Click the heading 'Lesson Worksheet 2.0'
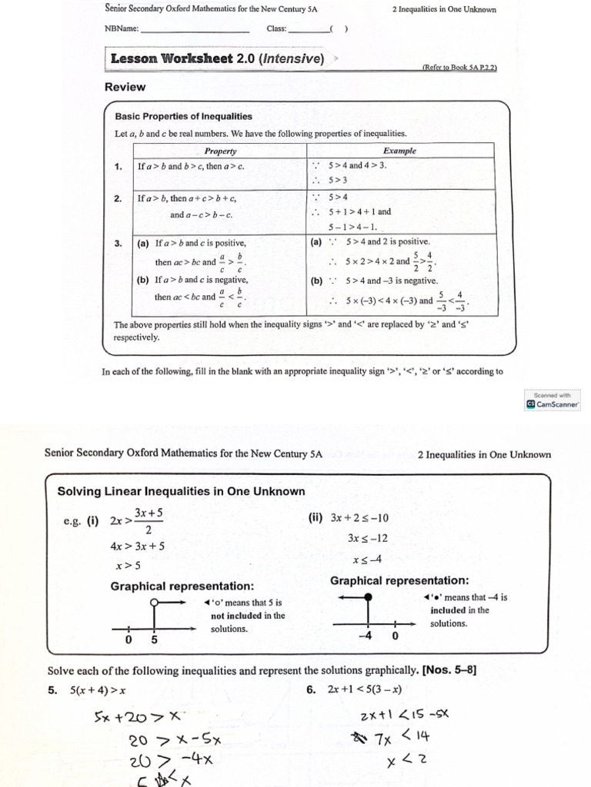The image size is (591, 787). coord(217,59)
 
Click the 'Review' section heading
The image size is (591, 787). coord(125,87)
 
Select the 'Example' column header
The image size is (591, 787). coord(399,151)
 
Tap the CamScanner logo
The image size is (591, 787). coord(553,403)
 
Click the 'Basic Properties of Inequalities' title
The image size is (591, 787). coord(183,117)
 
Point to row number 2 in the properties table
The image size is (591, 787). coord(118,198)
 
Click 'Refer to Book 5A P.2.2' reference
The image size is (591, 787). coord(459,67)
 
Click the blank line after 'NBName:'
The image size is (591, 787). coord(195,30)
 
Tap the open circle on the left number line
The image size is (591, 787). coord(155,603)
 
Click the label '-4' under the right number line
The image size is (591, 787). coord(366,636)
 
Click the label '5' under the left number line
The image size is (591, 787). coord(155,639)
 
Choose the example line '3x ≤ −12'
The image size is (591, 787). coord(368,538)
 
